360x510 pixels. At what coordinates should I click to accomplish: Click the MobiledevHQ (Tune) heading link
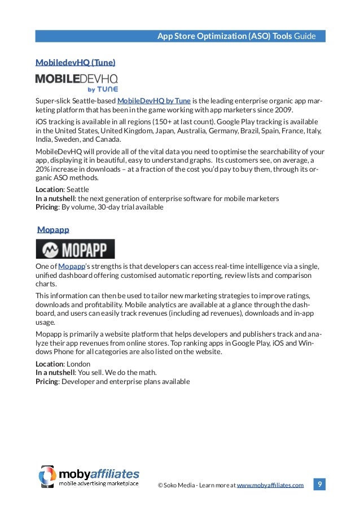(x=75, y=62)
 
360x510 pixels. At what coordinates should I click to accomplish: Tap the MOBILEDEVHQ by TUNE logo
(x=77, y=81)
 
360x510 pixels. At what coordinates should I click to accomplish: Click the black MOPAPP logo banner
(x=75, y=249)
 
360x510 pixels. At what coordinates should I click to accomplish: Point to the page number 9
(x=319, y=484)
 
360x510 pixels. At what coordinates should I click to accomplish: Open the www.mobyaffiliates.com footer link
(x=270, y=485)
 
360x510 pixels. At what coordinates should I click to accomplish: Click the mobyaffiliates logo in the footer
(x=89, y=476)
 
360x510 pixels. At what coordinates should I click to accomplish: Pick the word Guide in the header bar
(x=312, y=37)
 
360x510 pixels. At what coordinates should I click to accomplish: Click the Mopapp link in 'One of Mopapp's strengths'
(x=71, y=267)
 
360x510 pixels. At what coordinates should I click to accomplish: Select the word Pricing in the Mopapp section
(x=47, y=381)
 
